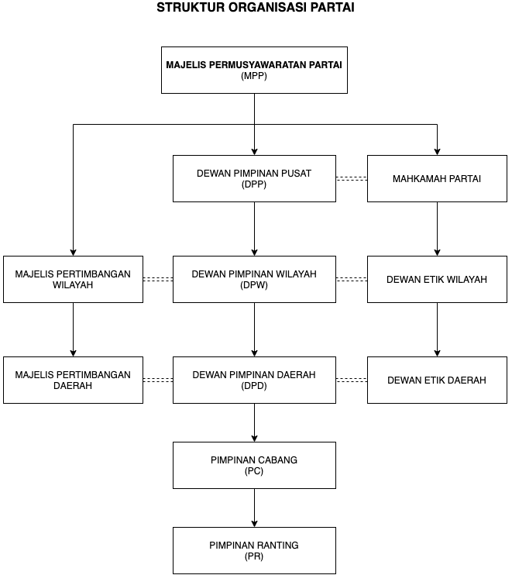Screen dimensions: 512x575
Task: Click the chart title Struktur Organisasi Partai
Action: click(256, 7)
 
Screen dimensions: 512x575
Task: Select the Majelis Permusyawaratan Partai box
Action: click(254, 70)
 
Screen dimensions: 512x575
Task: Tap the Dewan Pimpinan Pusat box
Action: click(254, 178)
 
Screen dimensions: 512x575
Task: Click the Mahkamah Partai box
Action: click(437, 178)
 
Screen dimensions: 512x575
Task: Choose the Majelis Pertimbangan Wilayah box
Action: click(74, 280)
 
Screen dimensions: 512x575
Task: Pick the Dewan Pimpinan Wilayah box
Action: click(254, 280)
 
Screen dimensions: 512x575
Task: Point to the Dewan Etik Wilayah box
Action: click(437, 280)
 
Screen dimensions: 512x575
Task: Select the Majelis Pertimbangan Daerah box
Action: click(74, 380)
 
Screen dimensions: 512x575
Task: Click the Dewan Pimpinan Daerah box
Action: click(254, 380)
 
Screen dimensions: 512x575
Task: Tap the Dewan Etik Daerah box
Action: click(437, 380)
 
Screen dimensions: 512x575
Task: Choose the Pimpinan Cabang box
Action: click(254, 466)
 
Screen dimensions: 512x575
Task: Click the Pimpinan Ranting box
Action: click(254, 551)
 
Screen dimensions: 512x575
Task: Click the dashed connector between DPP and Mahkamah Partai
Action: click(352, 178)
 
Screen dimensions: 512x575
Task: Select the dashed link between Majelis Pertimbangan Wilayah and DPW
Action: click(158, 280)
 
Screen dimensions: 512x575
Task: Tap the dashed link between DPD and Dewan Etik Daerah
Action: click(352, 380)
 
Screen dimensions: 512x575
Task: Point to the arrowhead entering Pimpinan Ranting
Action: click(254, 525)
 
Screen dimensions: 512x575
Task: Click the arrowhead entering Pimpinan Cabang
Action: click(254, 439)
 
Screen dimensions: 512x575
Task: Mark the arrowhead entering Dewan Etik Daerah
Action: click(437, 354)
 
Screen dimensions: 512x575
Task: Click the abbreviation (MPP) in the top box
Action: click(254, 76)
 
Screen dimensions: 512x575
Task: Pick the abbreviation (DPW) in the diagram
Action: click(254, 285)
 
